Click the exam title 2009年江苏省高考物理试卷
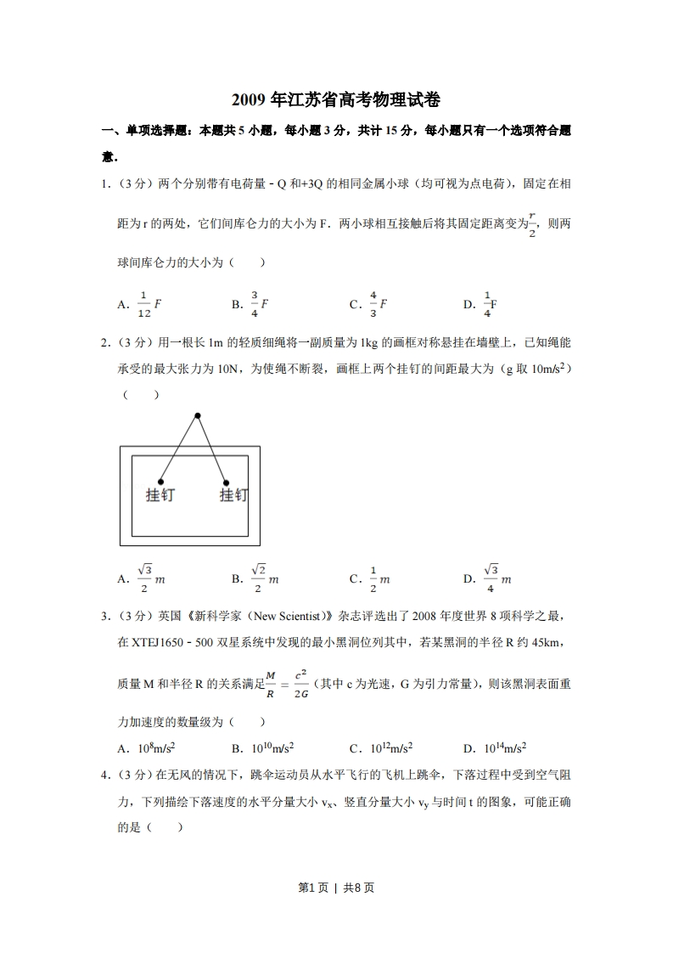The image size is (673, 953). (x=336, y=100)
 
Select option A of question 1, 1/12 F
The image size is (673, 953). (x=135, y=303)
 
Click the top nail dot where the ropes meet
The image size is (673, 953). (x=197, y=415)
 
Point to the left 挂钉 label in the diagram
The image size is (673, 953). (x=160, y=494)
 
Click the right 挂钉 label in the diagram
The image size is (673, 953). (x=233, y=494)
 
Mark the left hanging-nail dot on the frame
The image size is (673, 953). (x=160, y=482)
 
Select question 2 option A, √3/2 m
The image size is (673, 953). (x=141, y=578)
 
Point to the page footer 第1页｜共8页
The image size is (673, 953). (x=336, y=888)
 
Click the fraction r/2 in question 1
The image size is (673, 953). (x=532, y=225)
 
